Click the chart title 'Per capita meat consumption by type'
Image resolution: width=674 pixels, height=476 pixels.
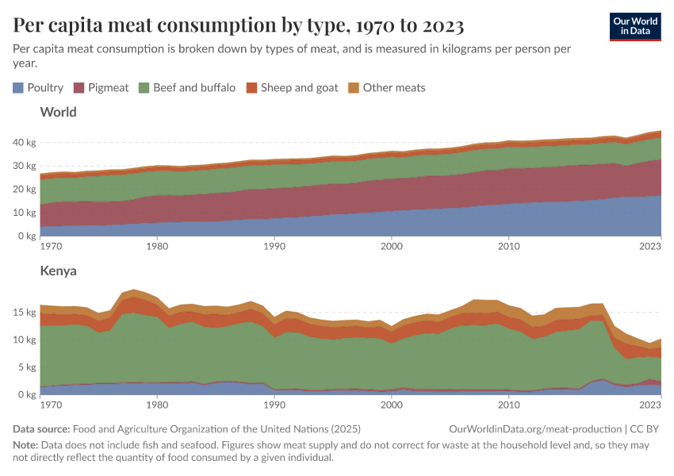(x=239, y=25)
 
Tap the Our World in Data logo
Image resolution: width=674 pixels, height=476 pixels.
(x=634, y=25)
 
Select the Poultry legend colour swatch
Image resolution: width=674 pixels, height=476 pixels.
(x=18, y=88)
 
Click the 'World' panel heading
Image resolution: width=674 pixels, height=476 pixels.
(x=58, y=113)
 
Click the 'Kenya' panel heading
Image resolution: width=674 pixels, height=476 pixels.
(x=58, y=271)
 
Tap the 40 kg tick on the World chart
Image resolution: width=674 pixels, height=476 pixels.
(x=25, y=143)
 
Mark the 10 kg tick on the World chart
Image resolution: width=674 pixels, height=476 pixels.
(x=25, y=213)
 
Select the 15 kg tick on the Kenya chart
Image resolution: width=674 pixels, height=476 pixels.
(x=25, y=312)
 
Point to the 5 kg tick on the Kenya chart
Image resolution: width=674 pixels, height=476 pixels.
(x=27, y=367)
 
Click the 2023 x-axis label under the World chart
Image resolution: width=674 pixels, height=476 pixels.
(x=649, y=247)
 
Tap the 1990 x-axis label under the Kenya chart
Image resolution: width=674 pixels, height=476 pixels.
(x=274, y=405)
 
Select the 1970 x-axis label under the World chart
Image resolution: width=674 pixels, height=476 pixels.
(x=52, y=247)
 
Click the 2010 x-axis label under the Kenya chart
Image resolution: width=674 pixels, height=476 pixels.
(x=508, y=405)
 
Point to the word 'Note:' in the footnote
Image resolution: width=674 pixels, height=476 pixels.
(x=27, y=445)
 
